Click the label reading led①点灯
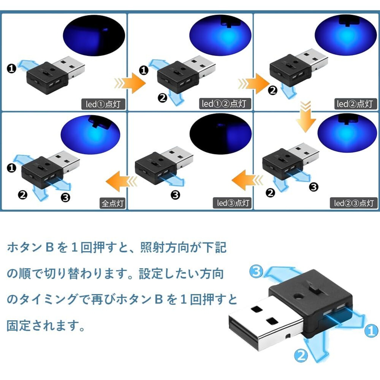pos(103,104)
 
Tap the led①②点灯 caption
pos(224,104)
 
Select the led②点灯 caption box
pos(354,104)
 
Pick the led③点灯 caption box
pos(233,203)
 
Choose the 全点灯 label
pos(113,203)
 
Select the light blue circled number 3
pos(256,271)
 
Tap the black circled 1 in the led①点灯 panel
pos(12,69)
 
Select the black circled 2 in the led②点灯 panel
pos(273,90)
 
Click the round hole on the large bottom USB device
pos(298,296)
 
